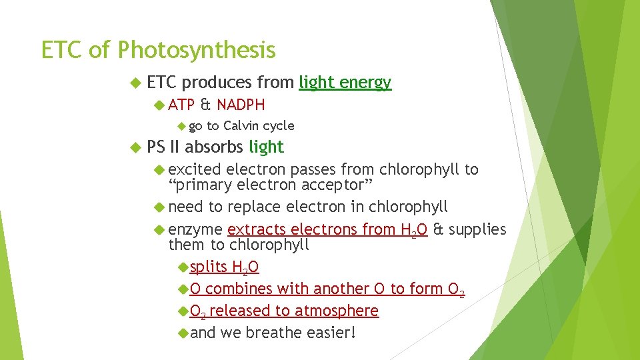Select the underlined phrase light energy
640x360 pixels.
[345, 83]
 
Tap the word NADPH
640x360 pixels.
[241, 105]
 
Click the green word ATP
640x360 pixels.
[181, 105]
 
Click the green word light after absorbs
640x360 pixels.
[266, 147]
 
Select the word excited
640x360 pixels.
[195, 169]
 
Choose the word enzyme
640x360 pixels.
[195, 229]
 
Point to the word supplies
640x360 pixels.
[477, 229]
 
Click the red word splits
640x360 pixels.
[208, 267]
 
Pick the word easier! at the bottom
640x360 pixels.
[331, 333]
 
